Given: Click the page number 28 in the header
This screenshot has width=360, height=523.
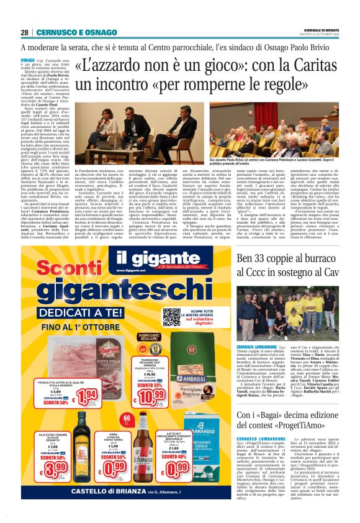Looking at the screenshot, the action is pos(24,32).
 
